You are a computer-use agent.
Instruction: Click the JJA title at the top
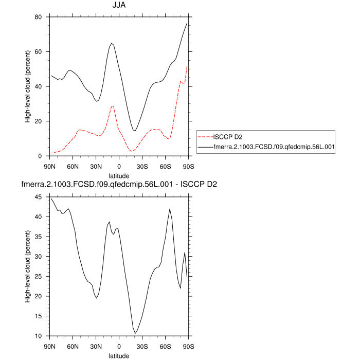[119, 6]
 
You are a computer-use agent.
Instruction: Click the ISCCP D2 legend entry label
[228, 136]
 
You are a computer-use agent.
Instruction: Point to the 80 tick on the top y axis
[38, 17]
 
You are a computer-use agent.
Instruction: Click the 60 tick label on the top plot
[38, 52]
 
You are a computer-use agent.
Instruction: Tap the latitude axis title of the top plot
[119, 175]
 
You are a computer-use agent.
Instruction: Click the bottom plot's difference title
[119, 185]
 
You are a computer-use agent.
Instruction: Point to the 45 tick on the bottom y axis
[38, 197]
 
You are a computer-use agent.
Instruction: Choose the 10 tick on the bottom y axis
[38, 336]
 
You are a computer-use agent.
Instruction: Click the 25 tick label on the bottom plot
[38, 277]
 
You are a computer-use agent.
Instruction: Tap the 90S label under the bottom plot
[188, 346]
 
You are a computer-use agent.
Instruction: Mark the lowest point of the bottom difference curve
[135, 333]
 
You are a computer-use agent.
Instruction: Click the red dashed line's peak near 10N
[113, 106]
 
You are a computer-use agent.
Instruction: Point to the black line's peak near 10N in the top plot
[112, 43]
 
